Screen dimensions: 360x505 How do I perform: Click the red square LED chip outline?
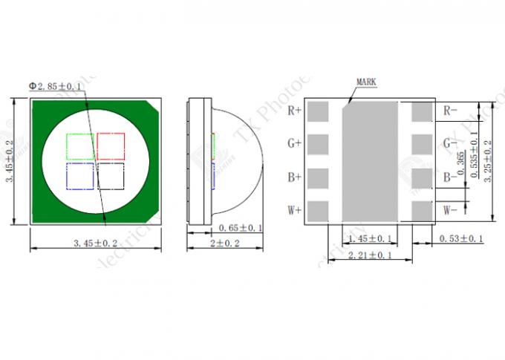(110, 145)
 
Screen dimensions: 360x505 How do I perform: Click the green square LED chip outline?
(80, 145)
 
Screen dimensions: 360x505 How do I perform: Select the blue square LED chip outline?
(80, 176)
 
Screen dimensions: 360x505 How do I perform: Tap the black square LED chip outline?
(110, 176)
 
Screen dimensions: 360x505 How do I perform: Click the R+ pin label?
(294, 111)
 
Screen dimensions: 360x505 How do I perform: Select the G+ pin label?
(294, 143)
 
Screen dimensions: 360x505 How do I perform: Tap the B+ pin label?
(294, 177)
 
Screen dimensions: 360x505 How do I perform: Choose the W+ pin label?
(294, 210)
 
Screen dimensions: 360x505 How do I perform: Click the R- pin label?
(450, 111)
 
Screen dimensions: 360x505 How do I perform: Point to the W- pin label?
(450, 210)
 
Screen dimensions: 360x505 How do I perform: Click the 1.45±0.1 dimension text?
(369, 238)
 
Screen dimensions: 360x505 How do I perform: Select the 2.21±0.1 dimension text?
(369, 255)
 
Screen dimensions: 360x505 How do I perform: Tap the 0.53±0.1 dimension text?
(461, 238)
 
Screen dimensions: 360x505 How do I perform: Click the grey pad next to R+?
(318, 112)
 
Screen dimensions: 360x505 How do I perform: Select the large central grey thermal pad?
(369, 160)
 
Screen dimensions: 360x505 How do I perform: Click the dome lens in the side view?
(238, 160)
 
